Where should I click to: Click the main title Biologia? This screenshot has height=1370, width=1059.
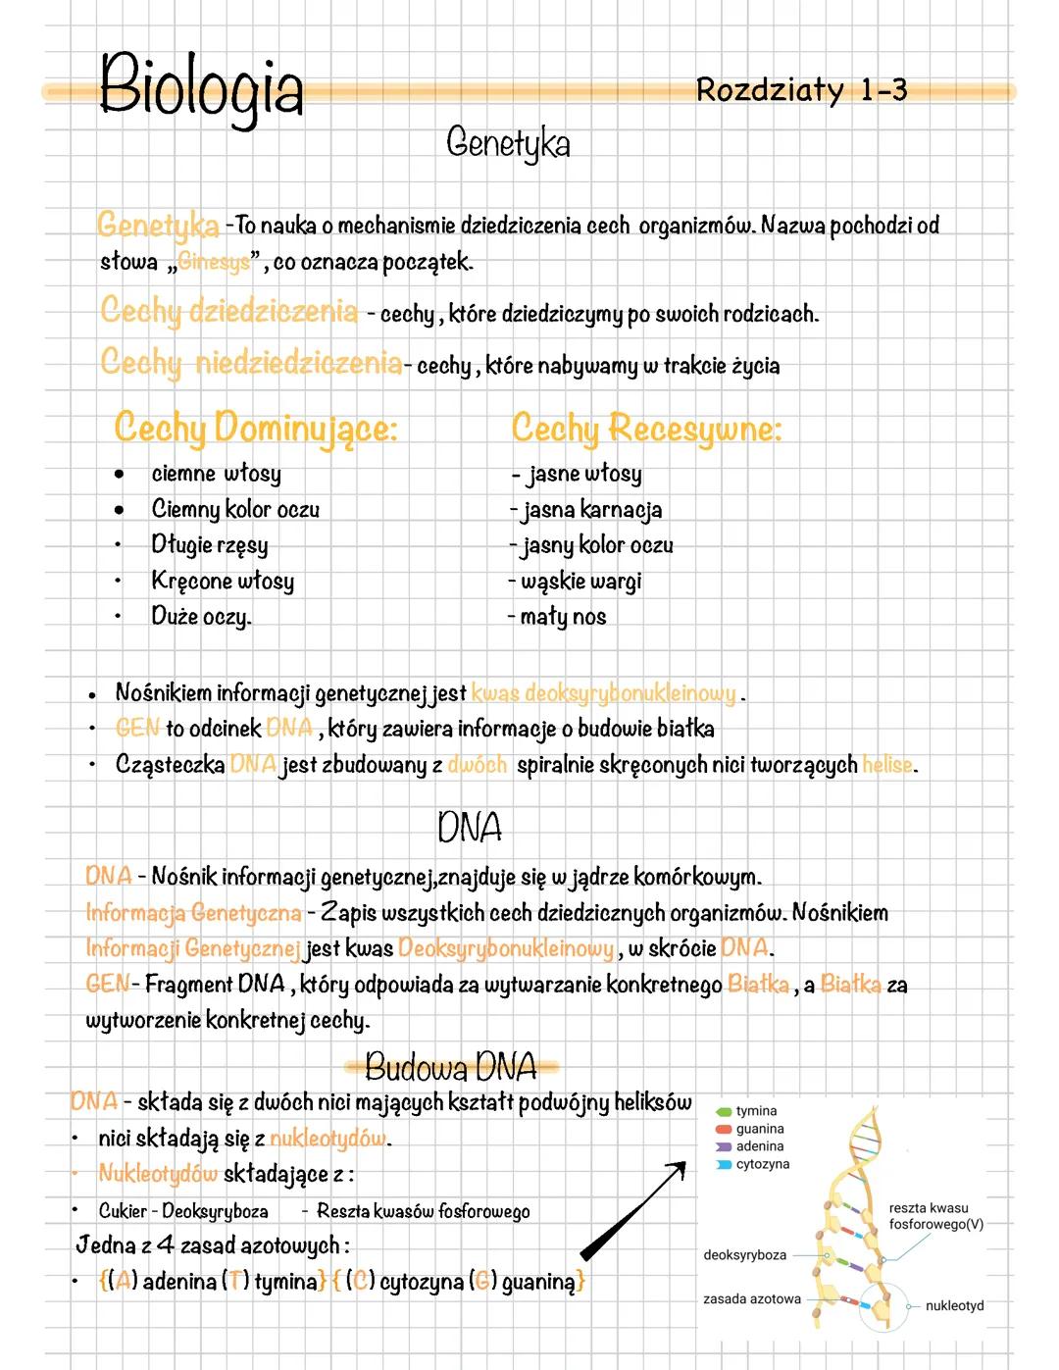201,86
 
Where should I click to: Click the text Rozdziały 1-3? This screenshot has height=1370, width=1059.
801,90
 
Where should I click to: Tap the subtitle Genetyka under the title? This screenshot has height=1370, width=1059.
507,143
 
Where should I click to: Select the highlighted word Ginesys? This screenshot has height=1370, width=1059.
215,262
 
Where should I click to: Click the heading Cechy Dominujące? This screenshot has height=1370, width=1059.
256,429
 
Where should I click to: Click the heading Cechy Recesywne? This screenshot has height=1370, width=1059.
646,429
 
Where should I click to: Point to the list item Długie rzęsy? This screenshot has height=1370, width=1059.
209,544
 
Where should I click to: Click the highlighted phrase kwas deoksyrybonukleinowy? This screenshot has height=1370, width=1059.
603,693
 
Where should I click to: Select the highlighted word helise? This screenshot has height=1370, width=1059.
887,764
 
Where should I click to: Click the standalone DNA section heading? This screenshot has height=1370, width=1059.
470,828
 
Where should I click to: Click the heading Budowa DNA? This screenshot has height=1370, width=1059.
451,1066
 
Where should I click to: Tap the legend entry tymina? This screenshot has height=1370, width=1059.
755,1111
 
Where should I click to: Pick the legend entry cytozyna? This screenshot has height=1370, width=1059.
762,1164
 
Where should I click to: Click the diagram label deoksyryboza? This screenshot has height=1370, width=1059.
744,1255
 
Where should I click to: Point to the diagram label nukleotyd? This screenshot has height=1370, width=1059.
954,1305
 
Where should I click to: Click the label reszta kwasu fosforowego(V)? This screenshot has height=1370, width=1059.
934,1216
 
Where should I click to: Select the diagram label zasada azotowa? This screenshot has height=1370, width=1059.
751,1298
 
